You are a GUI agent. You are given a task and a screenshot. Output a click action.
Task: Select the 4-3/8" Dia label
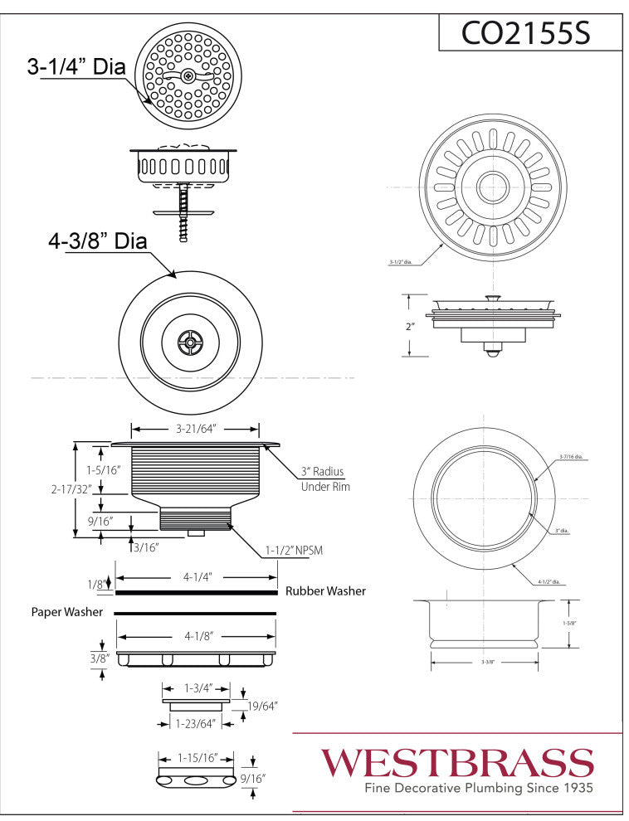(x=97, y=242)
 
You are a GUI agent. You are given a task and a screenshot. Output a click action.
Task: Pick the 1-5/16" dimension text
(x=100, y=470)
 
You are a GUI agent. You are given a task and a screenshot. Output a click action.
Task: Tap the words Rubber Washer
(x=325, y=591)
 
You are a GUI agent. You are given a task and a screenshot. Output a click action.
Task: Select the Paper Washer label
(x=67, y=612)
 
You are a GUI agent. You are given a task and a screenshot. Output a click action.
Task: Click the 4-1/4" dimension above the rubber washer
(x=195, y=576)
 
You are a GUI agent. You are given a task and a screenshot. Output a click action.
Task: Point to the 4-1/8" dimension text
(x=195, y=635)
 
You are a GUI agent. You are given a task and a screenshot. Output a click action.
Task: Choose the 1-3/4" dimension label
(x=194, y=687)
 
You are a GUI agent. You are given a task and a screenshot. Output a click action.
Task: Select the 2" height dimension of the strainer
(x=409, y=327)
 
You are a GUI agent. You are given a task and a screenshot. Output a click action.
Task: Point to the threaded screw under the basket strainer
(x=183, y=214)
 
